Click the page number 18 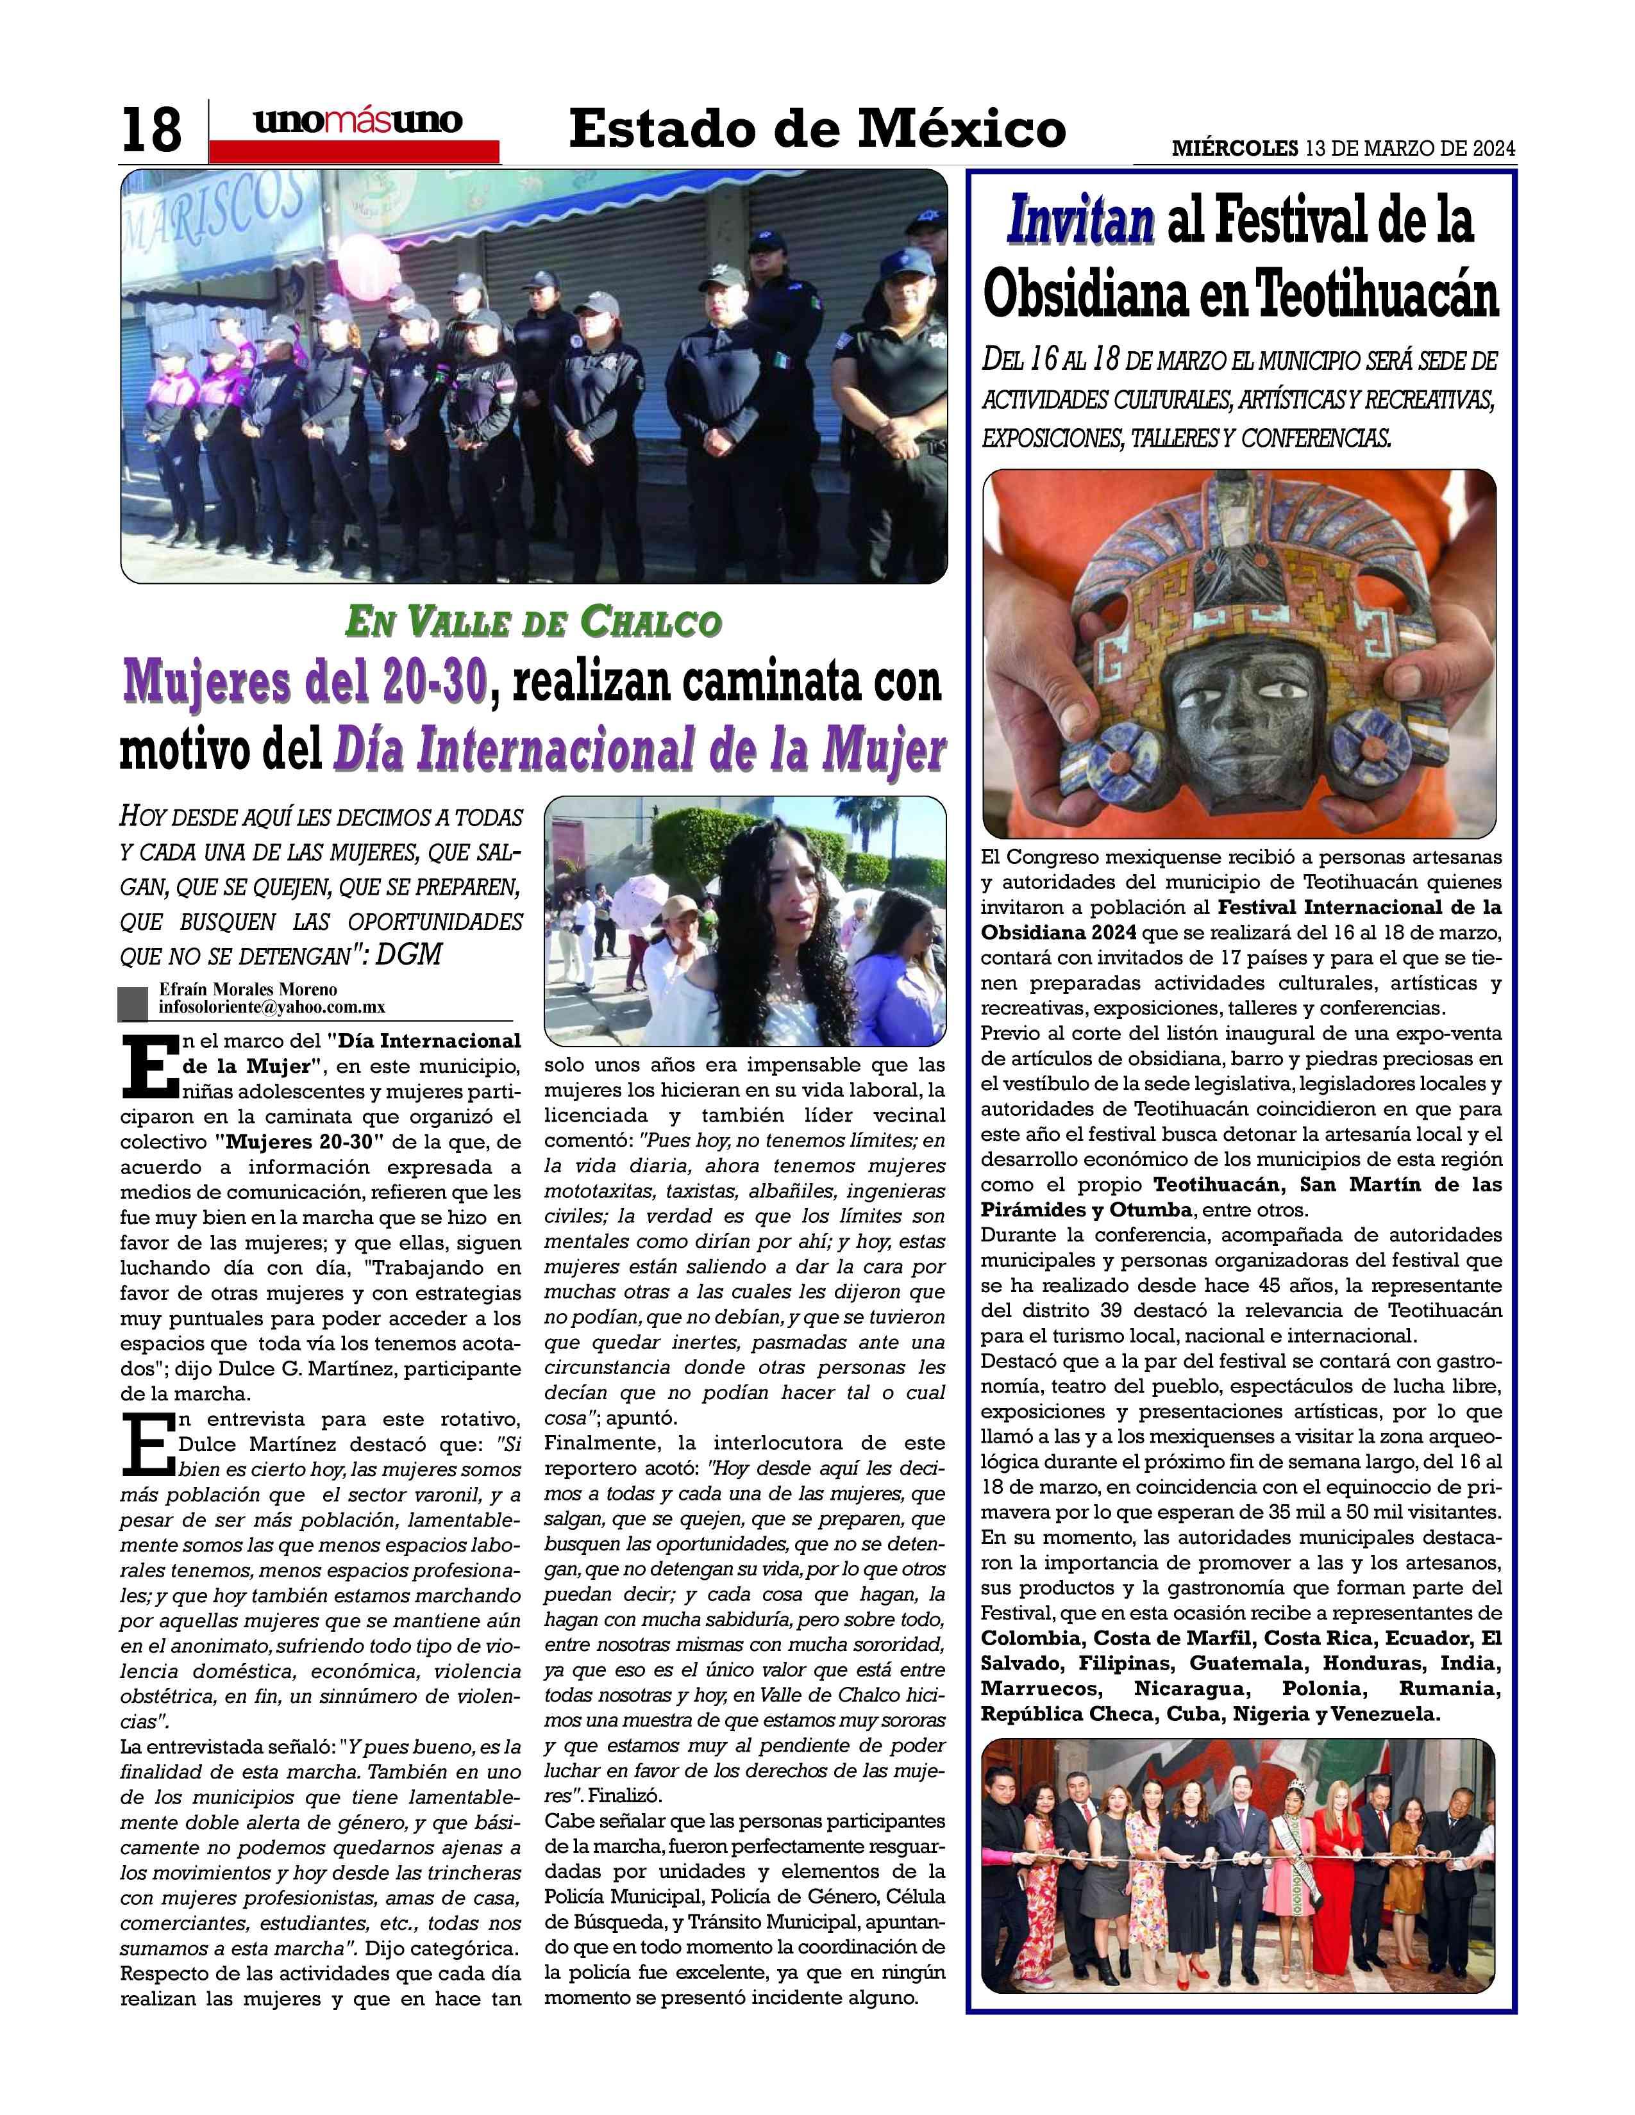pyautogui.click(x=151, y=129)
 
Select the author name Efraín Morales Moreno pyautogui.click(x=248, y=990)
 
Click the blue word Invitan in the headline pyautogui.click(x=1081, y=221)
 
